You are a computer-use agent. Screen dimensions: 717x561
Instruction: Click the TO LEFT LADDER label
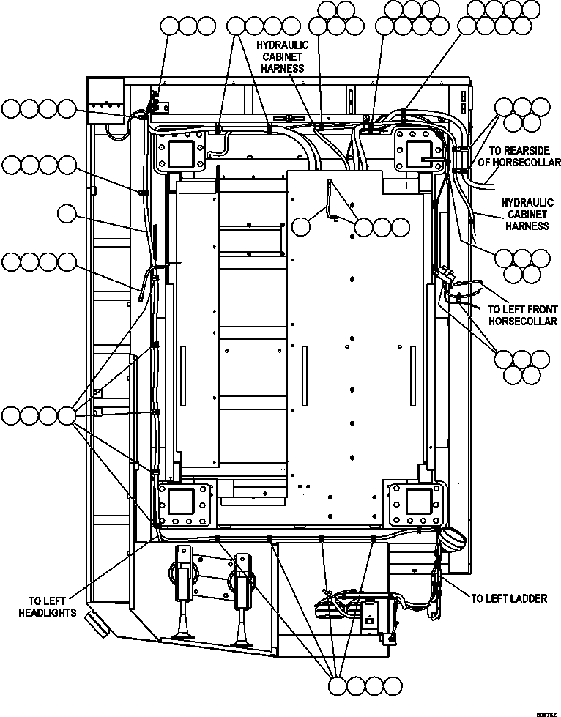(508, 598)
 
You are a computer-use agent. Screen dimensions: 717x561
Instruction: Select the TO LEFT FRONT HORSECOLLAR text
(522, 316)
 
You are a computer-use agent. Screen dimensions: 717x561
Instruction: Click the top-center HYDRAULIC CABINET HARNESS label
(282, 56)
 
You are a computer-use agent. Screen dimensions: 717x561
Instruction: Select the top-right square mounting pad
(418, 154)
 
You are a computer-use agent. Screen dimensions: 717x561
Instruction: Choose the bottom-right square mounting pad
(418, 502)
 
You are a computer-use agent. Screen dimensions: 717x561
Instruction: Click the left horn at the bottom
(183, 593)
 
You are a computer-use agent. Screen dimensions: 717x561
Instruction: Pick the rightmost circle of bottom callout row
(393, 686)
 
